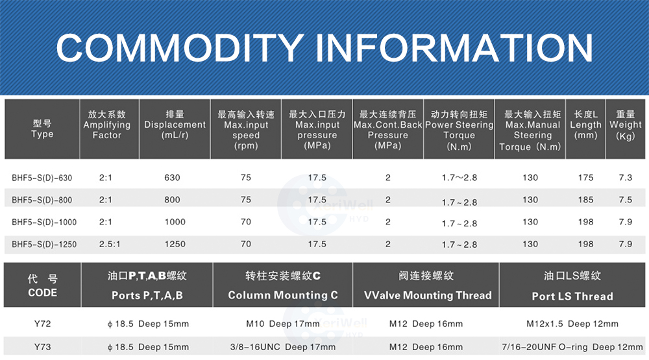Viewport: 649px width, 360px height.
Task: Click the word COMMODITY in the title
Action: (180, 47)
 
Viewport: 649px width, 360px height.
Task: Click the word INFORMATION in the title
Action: (454, 47)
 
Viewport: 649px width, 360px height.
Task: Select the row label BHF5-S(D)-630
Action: (42, 178)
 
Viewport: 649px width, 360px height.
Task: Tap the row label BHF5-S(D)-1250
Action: (44, 244)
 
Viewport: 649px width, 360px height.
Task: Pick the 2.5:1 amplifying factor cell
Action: (110, 244)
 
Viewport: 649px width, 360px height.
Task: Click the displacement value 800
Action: (172, 200)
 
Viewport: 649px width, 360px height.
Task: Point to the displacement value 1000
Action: (175, 222)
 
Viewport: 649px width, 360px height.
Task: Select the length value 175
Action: (585, 178)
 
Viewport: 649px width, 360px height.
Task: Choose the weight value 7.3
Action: (626, 178)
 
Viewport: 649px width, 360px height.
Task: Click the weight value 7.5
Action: (626, 200)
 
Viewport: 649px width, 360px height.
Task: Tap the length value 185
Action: (585, 200)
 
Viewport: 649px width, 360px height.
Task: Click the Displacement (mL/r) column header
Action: (175, 125)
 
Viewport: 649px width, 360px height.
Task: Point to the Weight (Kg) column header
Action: (626, 125)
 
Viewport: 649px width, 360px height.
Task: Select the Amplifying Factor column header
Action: (107, 125)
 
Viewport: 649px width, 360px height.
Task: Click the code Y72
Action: (43, 324)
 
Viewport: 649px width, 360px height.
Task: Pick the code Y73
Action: (43, 347)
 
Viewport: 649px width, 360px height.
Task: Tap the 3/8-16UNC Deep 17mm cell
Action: (283, 347)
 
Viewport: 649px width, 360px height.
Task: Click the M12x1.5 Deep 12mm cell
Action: (572, 324)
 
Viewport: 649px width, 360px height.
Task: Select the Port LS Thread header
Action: (572, 296)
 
